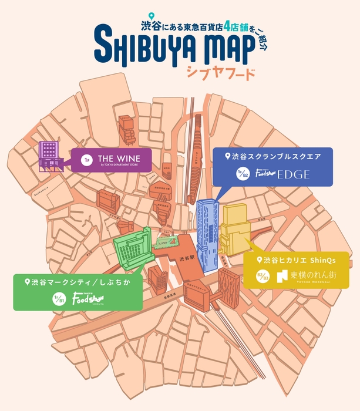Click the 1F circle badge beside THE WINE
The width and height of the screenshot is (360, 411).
[x=86, y=160]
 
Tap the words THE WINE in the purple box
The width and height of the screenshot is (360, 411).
[x=119, y=158]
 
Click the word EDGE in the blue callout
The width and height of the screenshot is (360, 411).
[x=293, y=174]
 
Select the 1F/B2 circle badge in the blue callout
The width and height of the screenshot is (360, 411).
[x=240, y=174]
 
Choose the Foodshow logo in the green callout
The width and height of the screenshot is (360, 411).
[x=88, y=299]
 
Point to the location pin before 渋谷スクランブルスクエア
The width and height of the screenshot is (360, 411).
[x=227, y=156]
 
